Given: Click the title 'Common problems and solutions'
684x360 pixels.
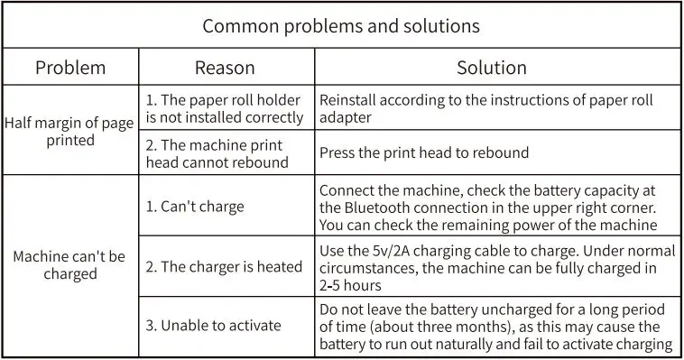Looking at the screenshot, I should (341, 25).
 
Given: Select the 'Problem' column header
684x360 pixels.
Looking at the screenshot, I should (70, 68).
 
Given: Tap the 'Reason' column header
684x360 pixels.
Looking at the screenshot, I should (225, 68).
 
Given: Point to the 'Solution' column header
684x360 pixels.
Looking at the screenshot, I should (491, 68).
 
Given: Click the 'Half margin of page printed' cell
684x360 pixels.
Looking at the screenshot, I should (69, 132).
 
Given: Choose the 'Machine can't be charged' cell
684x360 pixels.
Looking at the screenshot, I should (69, 265).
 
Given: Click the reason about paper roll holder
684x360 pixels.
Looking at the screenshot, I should (224, 108).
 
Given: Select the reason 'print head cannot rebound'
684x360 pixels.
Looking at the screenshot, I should (217, 153).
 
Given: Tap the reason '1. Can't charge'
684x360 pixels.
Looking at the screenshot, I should (194, 207).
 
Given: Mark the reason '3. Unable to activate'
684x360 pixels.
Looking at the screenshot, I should (213, 325).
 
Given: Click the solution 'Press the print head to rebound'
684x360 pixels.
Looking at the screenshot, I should (424, 153).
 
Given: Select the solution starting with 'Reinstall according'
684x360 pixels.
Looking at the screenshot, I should (485, 100).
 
